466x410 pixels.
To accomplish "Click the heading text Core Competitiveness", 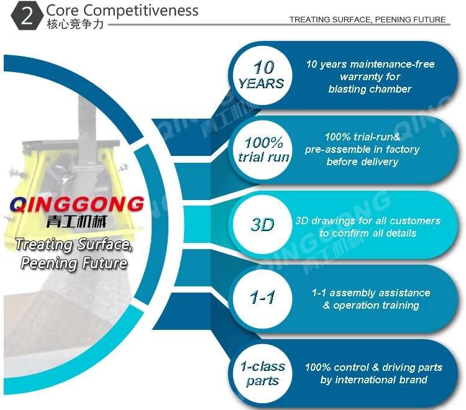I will (x=122, y=11).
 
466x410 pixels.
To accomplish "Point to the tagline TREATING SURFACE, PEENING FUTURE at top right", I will (x=367, y=19).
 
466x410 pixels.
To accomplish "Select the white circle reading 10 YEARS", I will (x=261, y=75).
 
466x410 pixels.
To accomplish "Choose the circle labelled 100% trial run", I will (x=263, y=150).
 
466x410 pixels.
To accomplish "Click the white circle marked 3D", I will (x=262, y=224).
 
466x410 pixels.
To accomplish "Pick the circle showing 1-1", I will (x=262, y=298).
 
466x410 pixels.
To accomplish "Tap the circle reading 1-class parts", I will (x=262, y=373).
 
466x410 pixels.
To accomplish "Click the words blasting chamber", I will (x=370, y=89).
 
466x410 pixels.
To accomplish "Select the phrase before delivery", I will (x=362, y=162).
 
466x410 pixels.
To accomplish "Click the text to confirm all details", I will (x=368, y=233).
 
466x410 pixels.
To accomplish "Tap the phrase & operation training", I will (x=371, y=305).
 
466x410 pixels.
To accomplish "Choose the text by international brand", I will (x=373, y=380).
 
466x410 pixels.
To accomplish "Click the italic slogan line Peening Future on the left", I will (x=74, y=263).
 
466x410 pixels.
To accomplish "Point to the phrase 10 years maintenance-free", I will (x=370, y=64).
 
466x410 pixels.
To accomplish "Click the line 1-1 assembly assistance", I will (x=371, y=293).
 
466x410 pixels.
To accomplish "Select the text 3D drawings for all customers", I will (x=368, y=221).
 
